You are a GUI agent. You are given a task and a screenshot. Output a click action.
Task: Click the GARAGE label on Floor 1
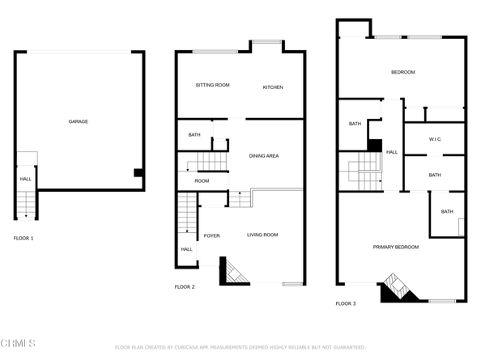[x=79, y=121]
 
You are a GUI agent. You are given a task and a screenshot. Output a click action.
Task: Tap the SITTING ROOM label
[x=213, y=85]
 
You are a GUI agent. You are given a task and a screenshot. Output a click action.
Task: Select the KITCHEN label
[x=273, y=87]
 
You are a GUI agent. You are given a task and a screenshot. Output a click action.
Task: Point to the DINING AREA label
[x=264, y=156]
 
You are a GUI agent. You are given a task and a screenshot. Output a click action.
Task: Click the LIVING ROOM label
[x=262, y=235]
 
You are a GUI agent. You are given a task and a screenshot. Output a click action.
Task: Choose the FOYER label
[x=211, y=236]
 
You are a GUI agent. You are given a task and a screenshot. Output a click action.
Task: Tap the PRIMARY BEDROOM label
[x=396, y=248]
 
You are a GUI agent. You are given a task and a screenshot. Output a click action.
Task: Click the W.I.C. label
[x=435, y=139]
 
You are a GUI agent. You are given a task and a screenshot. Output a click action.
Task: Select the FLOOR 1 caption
[x=23, y=239]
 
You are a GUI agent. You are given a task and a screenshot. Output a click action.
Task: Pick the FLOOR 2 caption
[x=185, y=287]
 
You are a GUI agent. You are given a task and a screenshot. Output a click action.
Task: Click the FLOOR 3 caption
[x=346, y=303]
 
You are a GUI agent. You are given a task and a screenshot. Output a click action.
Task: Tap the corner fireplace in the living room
[x=234, y=272]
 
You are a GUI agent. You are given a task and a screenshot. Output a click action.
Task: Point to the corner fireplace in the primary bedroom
[x=398, y=288]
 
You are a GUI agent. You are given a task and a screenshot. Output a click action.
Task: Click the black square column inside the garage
[x=138, y=173]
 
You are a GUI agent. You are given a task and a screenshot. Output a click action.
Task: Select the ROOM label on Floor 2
[x=202, y=181]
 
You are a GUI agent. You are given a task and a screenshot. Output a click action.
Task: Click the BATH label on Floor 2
[x=194, y=135]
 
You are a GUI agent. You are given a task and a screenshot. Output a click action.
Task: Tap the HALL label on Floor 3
[x=392, y=152]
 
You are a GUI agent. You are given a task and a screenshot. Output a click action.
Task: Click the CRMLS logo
[x=18, y=343]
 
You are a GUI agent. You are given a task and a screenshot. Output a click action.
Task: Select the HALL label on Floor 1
[x=25, y=180]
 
